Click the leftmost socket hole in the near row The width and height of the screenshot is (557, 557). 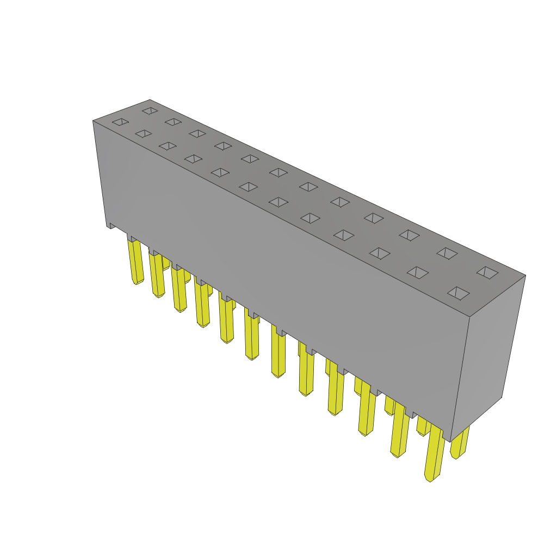pyautogui.click(x=120, y=122)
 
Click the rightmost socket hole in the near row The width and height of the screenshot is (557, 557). pyautogui.click(x=458, y=293)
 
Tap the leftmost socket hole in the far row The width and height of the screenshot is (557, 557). pyautogui.click(x=150, y=110)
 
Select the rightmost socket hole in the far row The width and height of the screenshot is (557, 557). pyautogui.click(x=487, y=273)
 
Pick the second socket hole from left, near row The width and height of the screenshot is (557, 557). pyautogui.click(x=144, y=133)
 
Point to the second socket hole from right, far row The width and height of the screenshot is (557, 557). pyautogui.click(x=447, y=253)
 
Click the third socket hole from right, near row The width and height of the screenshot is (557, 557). pyautogui.click(x=380, y=253)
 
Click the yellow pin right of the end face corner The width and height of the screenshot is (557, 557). pyautogui.click(x=460, y=442)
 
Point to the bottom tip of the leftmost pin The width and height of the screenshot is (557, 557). pyautogui.click(x=136, y=282)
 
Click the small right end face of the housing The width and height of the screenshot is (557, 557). pyautogui.click(x=487, y=354)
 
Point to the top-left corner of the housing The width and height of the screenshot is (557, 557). pyautogui.click(x=94, y=121)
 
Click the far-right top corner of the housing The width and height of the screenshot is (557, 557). pyautogui.click(x=525, y=275)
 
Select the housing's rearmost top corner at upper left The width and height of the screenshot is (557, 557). pyautogui.click(x=150, y=100)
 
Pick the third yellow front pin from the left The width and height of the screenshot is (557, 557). pyautogui.click(x=179, y=289)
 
